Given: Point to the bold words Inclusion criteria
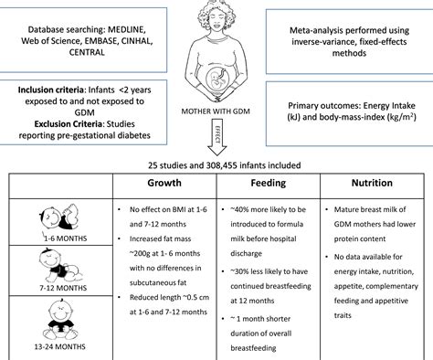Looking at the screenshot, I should coord(50,91).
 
